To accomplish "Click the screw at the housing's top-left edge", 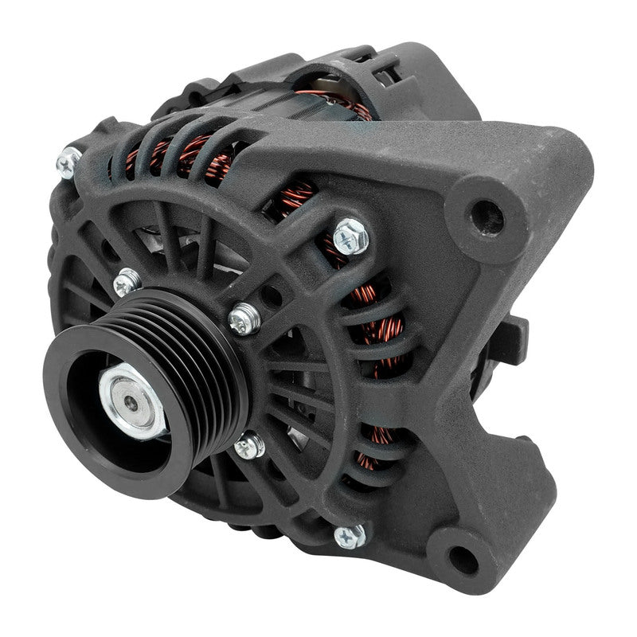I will pos(68,162).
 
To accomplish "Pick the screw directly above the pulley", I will pos(127,281).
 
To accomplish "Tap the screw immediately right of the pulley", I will pos(244,318).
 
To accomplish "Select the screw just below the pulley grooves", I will pos(249,446).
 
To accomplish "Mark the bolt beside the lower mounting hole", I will pos(350,536).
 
